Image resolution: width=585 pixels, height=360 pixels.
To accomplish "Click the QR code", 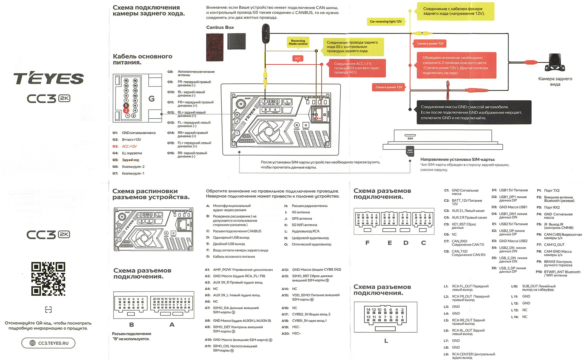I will pos(48,279).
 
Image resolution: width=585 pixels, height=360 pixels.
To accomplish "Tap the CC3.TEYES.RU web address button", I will pos(48,343).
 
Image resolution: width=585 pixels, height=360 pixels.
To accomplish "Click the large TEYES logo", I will pos(48,78).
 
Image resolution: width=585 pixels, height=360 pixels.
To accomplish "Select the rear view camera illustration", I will pos(555,62).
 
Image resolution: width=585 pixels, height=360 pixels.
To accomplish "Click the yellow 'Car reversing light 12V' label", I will pos(385,22).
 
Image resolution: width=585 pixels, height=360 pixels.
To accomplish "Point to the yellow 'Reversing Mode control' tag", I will pos(298,42).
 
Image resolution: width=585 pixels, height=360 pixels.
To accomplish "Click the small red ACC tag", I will pos(298,59).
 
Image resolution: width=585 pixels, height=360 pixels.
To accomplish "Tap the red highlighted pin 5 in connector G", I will pos(126,105).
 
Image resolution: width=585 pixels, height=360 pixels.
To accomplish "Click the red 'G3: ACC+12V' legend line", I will pos(125,146).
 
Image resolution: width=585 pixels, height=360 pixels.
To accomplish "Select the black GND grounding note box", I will pos(474,112).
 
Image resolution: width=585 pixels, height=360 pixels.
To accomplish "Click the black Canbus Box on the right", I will pos(236,41).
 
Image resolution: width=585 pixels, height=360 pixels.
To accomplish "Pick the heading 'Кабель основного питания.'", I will pos(142,59).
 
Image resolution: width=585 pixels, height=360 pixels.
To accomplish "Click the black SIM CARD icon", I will pos(410,151).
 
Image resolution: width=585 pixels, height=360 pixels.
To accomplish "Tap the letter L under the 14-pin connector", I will pos(386,341).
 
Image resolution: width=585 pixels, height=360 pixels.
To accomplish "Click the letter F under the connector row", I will pos(367,243).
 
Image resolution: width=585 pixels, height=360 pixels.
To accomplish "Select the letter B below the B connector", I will pos(131,325).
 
